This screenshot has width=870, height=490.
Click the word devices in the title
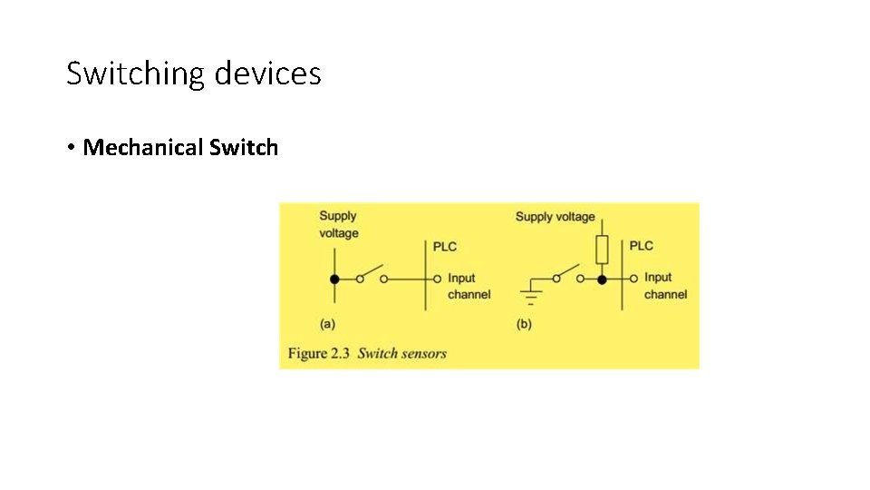(268, 73)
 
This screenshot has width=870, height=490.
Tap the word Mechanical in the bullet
(143, 148)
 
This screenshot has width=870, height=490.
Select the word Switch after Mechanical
(244, 148)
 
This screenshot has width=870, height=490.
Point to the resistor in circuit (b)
(602, 248)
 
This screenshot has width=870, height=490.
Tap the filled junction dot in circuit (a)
(334, 279)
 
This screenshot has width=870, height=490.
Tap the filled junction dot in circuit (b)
(602, 279)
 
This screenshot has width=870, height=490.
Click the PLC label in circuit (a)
(445, 247)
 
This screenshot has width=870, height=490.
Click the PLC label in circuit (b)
(641, 246)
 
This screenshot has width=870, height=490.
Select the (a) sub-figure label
(327, 323)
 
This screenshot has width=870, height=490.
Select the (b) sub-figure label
(524, 323)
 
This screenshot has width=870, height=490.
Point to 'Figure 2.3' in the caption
(319, 353)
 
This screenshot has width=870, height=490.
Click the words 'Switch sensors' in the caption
(402, 353)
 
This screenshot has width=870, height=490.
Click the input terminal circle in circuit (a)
(438, 279)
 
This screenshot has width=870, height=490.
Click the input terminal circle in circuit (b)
(634, 279)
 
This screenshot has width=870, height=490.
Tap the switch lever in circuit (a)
(371, 273)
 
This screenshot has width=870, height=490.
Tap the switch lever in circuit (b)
(568, 273)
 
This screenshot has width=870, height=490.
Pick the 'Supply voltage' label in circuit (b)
(555, 217)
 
